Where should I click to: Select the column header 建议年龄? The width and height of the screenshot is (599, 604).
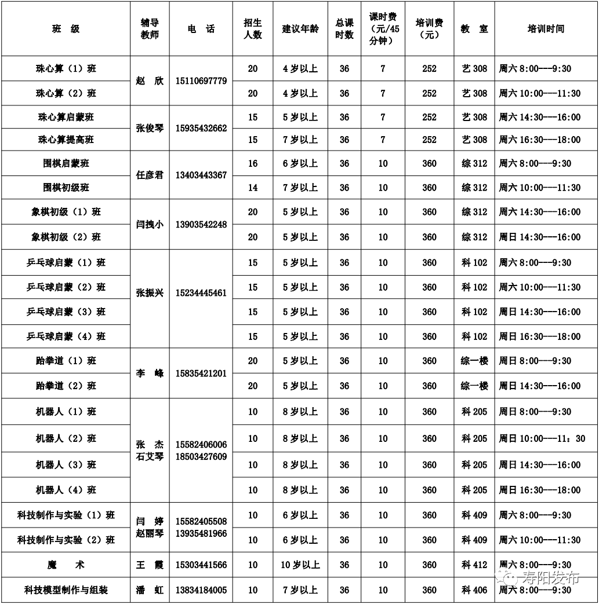pos(300,29)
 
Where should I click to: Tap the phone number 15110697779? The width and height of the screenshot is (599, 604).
pos(201,80)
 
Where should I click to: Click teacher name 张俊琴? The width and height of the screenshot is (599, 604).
pos(150,129)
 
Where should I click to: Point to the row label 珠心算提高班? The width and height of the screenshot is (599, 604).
pos(66,140)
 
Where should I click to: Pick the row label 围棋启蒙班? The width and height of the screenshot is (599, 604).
pos(66,163)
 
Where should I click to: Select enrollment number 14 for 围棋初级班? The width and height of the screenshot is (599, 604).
pos(253,188)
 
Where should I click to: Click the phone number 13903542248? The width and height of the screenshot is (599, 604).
pos(201,225)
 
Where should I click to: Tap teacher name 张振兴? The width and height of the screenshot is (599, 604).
pos(150,293)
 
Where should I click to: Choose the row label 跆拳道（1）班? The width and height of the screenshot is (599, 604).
pos(66,361)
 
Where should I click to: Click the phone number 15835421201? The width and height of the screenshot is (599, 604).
pos(201,374)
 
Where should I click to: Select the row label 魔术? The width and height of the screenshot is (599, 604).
pos(66,565)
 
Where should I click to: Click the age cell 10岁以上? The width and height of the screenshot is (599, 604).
pos(300,565)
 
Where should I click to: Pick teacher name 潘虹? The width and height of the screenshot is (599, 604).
pos(150,590)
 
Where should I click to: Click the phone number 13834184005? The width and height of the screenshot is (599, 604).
pos(201,590)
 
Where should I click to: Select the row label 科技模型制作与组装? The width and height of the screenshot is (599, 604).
pos(66,590)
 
